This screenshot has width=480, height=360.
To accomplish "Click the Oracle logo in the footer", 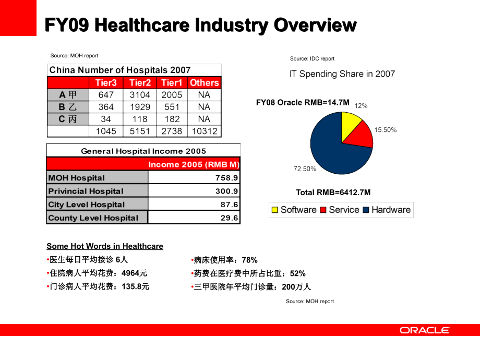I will coord(424,330).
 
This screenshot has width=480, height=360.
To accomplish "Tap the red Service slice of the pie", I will coord(361,137).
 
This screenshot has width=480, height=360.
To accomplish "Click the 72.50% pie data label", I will coord(305,169).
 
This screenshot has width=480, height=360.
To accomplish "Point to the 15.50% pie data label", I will coord(386,130).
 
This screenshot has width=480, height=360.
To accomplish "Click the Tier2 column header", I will coord(140,82).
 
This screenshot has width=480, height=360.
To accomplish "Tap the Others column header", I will coord(204,82).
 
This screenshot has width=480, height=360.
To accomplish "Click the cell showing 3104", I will coord(140,94).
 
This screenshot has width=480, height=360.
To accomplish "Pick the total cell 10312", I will coord(204,131).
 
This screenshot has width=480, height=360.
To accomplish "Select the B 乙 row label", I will coord(68,106).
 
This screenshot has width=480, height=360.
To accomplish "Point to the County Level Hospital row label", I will coord(93,218).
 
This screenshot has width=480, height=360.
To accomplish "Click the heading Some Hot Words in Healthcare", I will coord(105,246).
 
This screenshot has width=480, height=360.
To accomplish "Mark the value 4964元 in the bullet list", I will coord(135,273).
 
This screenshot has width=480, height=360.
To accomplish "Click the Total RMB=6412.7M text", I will coord(333,193).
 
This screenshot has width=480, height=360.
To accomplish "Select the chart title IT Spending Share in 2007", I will coord(342,74).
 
